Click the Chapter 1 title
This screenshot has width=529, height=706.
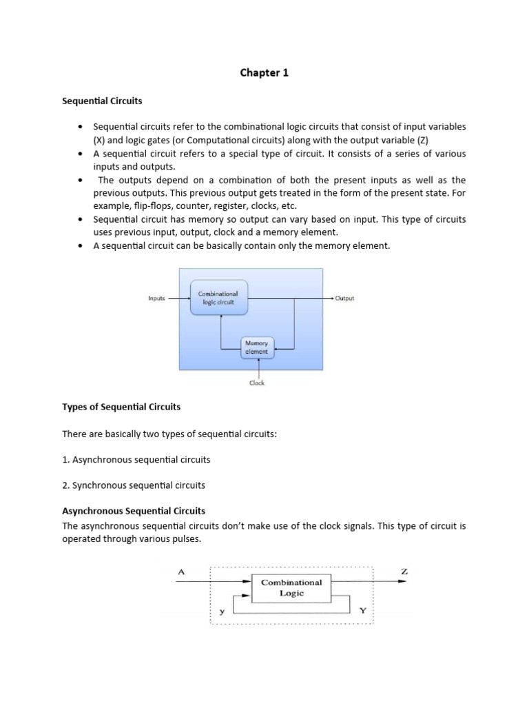(264, 72)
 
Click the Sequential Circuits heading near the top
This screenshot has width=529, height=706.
(102, 101)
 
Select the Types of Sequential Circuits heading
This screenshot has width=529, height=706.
(121, 407)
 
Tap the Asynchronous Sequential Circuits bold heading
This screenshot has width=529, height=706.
(134, 511)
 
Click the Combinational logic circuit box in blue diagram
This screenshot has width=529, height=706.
(218, 298)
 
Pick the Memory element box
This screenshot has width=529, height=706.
(258, 347)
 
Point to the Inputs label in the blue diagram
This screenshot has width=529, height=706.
(156, 299)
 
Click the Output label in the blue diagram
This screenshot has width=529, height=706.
(344, 299)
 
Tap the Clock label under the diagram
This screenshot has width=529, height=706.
(257, 383)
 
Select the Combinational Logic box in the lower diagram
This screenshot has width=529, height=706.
(291, 587)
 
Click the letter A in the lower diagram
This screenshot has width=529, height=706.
(180, 570)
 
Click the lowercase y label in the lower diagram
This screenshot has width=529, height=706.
(222, 611)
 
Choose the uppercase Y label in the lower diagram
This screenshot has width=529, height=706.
(362, 611)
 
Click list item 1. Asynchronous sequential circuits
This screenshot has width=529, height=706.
(136, 459)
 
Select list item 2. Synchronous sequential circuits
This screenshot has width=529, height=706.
(134, 485)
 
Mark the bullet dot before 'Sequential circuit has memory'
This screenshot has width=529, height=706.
(81, 219)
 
